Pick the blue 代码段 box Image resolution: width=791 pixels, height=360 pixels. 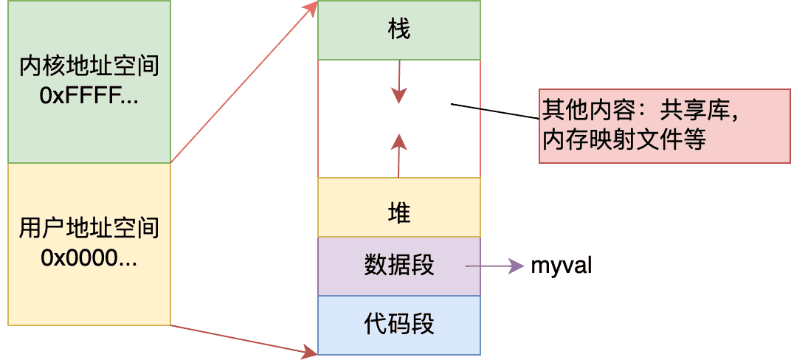click(x=398, y=325)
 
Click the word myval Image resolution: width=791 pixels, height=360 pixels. click(x=561, y=266)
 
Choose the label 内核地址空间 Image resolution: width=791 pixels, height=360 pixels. click(x=89, y=69)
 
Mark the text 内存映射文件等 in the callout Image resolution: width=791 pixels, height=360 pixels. click(x=624, y=140)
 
